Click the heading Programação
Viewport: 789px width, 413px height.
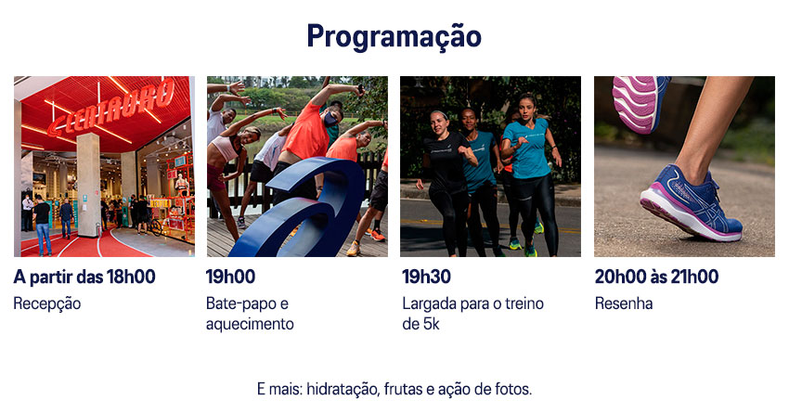(x=394, y=36)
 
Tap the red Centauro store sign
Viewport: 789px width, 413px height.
(x=111, y=110)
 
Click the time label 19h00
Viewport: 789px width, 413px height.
(x=230, y=277)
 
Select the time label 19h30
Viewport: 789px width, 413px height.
(x=426, y=277)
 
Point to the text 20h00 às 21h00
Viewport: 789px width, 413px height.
(x=656, y=277)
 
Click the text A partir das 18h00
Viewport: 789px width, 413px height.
(x=84, y=277)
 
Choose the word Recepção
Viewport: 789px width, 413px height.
(x=46, y=303)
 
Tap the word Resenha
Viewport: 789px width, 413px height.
(x=624, y=303)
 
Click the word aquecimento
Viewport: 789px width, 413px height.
(x=250, y=324)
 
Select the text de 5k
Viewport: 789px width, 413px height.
(x=420, y=324)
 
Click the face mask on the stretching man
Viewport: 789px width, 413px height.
(x=330, y=119)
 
